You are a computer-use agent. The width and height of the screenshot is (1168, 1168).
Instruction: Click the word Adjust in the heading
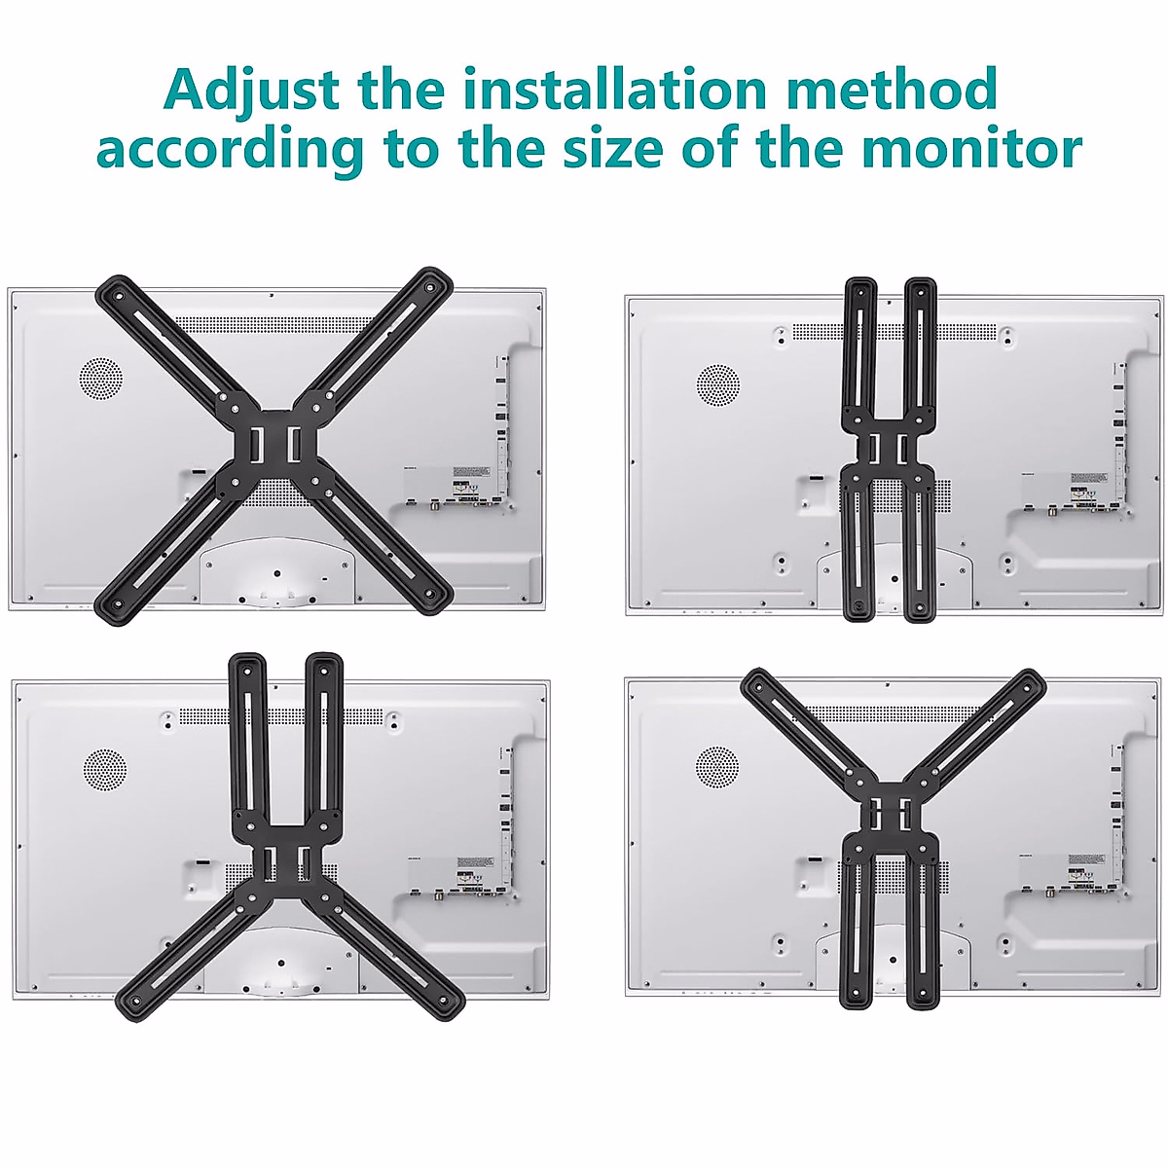point(252,91)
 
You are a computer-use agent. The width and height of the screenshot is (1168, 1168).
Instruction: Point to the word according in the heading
point(230,151)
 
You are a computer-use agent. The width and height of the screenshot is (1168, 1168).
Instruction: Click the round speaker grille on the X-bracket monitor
point(100,378)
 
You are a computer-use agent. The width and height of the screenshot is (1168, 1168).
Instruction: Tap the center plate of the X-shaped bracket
point(274,444)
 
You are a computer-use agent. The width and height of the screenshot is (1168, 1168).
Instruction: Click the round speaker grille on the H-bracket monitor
point(718,384)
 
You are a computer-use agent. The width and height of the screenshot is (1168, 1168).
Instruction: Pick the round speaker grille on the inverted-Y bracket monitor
point(104,770)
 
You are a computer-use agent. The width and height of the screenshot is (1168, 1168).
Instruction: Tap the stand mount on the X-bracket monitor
point(274,574)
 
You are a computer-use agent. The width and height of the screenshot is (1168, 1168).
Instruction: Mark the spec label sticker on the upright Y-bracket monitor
point(1088,868)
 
